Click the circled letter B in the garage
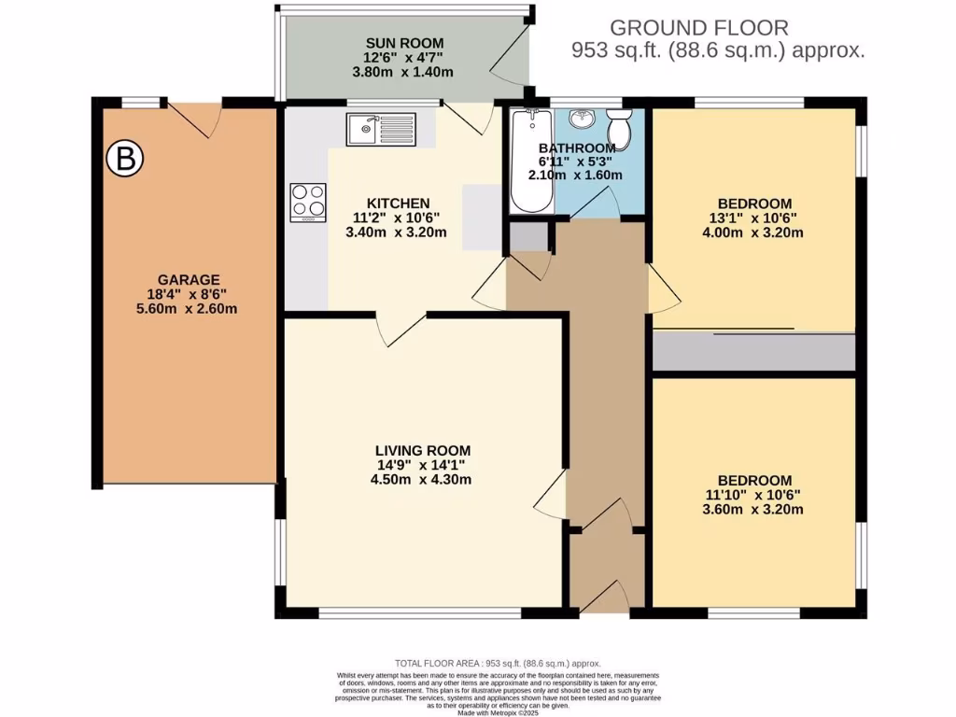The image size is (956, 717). point(123,159)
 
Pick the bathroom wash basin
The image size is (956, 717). point(582,119)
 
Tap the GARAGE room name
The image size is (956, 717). point(188,279)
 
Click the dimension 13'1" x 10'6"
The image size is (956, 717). point(753,218)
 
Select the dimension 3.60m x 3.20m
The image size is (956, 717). point(753,510)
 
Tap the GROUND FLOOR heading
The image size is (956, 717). point(699,28)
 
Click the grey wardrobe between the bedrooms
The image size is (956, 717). point(753,352)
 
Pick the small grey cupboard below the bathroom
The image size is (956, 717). point(529,237)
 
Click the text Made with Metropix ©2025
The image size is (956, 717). point(498,710)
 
